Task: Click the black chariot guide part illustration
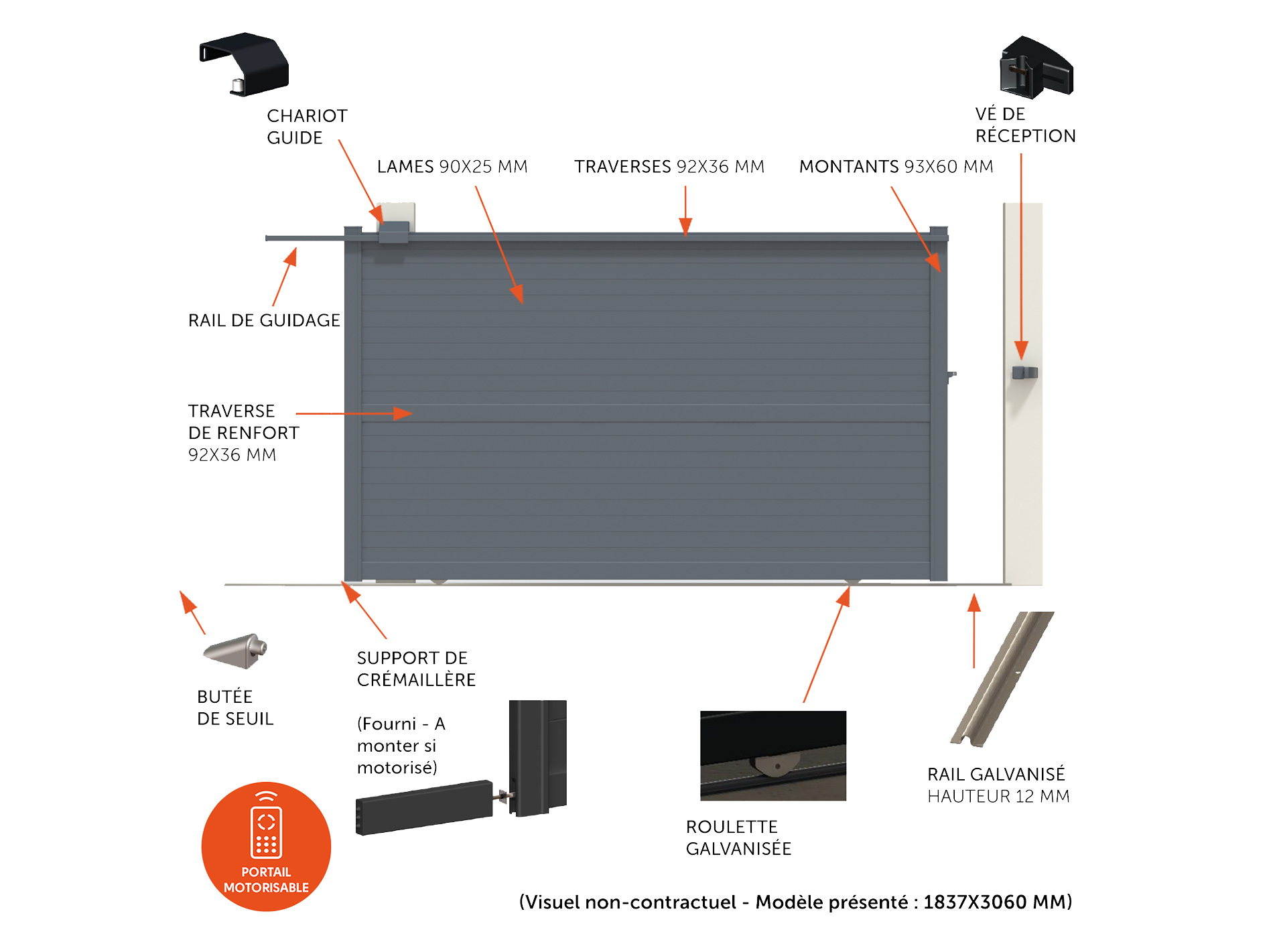(245, 64)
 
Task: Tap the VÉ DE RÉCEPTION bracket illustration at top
(1036, 67)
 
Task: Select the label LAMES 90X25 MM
(452, 166)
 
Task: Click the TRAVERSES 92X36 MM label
(669, 166)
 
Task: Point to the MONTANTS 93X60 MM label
(896, 166)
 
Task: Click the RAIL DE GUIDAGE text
(264, 320)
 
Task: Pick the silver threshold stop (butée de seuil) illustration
(235, 651)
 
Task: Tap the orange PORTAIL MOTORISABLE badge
(266, 847)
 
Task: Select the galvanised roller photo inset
(773, 756)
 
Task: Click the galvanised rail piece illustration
(1002, 679)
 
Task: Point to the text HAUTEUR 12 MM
(998, 796)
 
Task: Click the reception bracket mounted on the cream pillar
(1024, 373)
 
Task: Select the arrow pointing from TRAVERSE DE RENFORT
(354, 413)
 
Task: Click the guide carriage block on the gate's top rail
(393, 233)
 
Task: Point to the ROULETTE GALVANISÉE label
(738, 837)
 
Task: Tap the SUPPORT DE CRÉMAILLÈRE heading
(416, 669)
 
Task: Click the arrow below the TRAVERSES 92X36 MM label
(685, 211)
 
